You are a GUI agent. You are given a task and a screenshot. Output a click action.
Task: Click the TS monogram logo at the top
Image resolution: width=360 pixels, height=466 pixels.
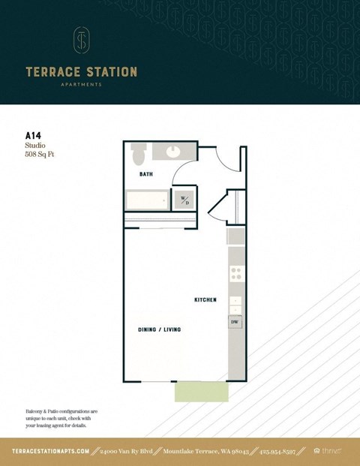[81, 41]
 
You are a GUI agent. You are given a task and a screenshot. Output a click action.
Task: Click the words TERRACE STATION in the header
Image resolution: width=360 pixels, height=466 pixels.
[81, 72]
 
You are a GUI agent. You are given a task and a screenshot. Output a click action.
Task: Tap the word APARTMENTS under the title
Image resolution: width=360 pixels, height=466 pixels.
[81, 85]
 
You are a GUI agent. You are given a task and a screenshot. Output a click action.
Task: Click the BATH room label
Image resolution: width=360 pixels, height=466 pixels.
[146, 174]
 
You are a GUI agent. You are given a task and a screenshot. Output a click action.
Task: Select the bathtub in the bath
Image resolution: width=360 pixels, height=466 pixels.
[147, 200]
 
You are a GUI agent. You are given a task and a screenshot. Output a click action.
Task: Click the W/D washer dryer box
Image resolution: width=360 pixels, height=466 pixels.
[183, 200]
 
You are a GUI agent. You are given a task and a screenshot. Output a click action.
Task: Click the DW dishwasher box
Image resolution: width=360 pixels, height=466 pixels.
[235, 323]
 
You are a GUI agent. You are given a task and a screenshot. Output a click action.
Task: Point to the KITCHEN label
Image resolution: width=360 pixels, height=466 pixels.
[205, 300]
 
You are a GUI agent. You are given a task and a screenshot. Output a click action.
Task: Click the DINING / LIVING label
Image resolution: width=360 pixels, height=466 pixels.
[159, 329]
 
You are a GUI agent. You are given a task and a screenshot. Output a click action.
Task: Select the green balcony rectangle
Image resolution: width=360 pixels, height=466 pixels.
[201, 392]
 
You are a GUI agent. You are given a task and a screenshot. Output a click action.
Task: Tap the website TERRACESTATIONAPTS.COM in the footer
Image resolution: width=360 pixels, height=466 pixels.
[51, 451]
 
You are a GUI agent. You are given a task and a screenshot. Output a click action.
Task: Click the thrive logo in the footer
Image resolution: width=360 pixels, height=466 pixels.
[327, 451]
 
